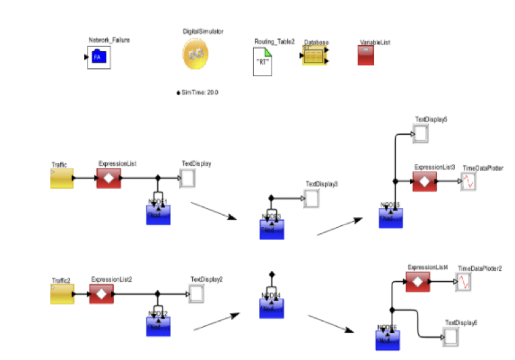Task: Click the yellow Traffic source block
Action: (61, 179)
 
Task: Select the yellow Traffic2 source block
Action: (61, 294)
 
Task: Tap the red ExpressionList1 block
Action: (108, 179)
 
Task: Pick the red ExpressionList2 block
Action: (101, 294)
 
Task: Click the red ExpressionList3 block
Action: (424, 181)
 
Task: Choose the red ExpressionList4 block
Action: (417, 282)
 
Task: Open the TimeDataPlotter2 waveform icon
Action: (463, 282)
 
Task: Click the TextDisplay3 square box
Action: (311, 198)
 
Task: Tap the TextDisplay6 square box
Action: (450, 335)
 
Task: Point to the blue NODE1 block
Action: (158, 214)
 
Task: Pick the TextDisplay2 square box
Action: (197, 294)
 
